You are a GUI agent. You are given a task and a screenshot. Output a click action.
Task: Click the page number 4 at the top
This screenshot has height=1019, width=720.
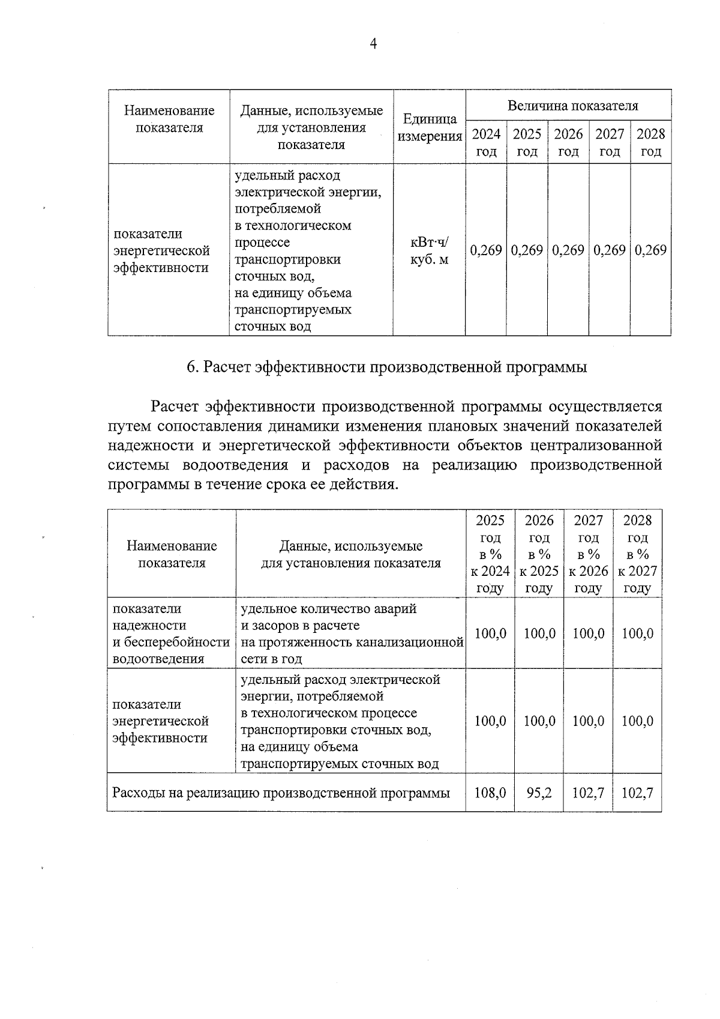pyautogui.click(x=373, y=44)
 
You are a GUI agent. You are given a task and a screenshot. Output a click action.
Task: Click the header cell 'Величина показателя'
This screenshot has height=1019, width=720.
pyautogui.click(x=572, y=106)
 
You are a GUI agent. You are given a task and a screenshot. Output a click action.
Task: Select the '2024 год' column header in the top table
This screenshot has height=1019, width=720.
pyautogui.click(x=486, y=142)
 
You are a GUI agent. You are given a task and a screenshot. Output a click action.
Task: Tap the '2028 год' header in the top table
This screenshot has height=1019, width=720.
pyautogui.click(x=650, y=142)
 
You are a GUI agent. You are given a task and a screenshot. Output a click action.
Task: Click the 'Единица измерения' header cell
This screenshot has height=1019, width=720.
pyautogui.click(x=430, y=127)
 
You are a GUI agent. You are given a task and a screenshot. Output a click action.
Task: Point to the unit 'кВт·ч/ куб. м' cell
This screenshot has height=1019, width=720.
pyautogui.click(x=430, y=251)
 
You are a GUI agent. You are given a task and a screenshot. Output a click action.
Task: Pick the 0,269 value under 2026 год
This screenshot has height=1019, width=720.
pyautogui.click(x=568, y=250)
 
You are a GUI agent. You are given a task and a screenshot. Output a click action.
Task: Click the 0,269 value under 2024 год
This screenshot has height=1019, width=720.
pyautogui.click(x=486, y=250)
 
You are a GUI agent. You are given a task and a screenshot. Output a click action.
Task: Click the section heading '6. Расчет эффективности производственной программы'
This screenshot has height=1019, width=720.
pyautogui.click(x=386, y=367)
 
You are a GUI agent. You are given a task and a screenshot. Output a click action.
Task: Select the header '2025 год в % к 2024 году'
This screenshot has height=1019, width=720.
pyautogui.click(x=490, y=554)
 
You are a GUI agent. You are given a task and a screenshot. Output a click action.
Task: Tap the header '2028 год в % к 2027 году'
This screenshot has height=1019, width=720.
pyautogui.click(x=637, y=554)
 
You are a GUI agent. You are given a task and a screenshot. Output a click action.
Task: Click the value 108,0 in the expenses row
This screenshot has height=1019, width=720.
pyautogui.click(x=490, y=793)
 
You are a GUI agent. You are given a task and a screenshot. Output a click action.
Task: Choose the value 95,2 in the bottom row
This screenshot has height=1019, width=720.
pyautogui.click(x=539, y=793)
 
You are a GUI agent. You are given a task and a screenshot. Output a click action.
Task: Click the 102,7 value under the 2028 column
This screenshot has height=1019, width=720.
pyautogui.click(x=637, y=793)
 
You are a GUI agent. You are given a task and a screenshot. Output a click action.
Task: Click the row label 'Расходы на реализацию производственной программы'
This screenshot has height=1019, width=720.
pyautogui.click(x=281, y=793)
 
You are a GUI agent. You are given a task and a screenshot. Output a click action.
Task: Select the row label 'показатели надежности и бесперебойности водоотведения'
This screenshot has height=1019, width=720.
pyautogui.click(x=171, y=633)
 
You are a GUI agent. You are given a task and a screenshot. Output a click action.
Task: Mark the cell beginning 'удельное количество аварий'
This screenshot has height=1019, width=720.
pyautogui.click(x=351, y=633)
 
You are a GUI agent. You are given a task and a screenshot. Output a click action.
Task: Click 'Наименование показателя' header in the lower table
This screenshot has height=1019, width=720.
pyautogui.click(x=172, y=554)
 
